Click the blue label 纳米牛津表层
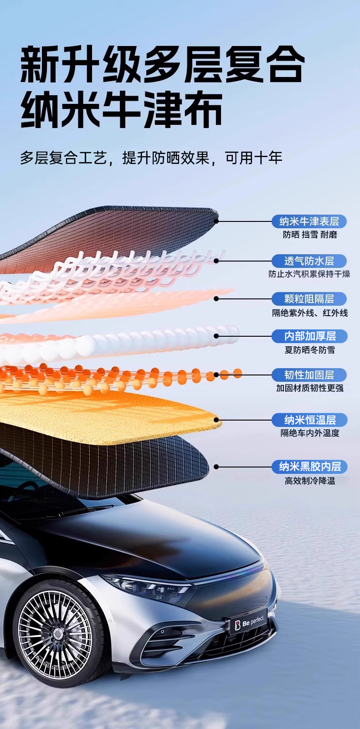click(309, 221)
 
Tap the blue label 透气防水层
click(309, 261)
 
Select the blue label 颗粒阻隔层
click(309, 299)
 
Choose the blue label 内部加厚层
click(309, 336)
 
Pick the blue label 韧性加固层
click(309, 375)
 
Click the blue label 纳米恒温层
click(309, 420)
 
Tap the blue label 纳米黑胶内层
click(309, 467)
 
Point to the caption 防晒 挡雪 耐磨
click(310, 235)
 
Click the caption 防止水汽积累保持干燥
click(309, 274)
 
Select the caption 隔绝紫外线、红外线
click(310, 313)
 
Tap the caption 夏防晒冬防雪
click(310, 350)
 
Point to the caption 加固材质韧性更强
click(310, 388)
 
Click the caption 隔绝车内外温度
click(310, 433)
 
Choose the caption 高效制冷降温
click(310, 481)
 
